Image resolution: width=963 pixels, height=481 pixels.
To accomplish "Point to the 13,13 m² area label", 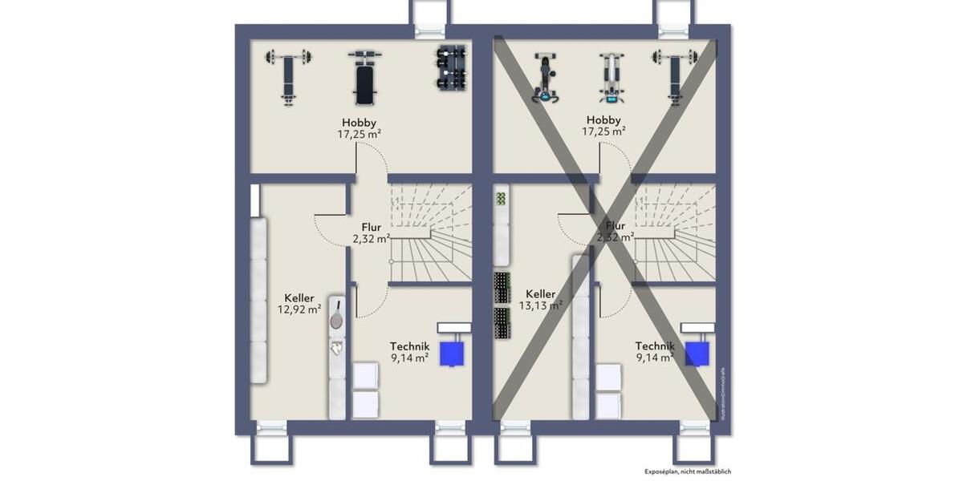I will (540, 305).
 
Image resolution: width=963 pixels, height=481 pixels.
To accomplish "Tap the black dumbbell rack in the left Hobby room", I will (450, 68).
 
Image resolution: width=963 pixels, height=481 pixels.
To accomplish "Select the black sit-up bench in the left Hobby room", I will (364, 78).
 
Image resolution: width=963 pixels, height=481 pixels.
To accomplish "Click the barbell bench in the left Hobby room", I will (287, 77).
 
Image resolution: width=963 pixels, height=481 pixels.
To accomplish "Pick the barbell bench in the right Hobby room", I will (674, 76).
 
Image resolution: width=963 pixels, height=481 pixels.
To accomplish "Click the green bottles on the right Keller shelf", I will (501, 198).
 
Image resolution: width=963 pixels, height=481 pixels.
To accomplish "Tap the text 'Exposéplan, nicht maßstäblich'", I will (688, 472).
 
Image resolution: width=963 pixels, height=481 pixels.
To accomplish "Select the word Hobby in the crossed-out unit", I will (603, 120).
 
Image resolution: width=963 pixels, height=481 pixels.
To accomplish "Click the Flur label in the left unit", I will (371, 227).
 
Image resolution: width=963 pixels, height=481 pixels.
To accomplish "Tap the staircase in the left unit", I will (431, 232).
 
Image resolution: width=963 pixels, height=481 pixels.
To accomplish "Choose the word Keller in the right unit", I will (540, 293).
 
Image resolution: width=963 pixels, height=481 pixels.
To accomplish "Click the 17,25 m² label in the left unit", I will (359, 135).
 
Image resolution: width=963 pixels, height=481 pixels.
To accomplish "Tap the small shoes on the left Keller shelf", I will (338, 348).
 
